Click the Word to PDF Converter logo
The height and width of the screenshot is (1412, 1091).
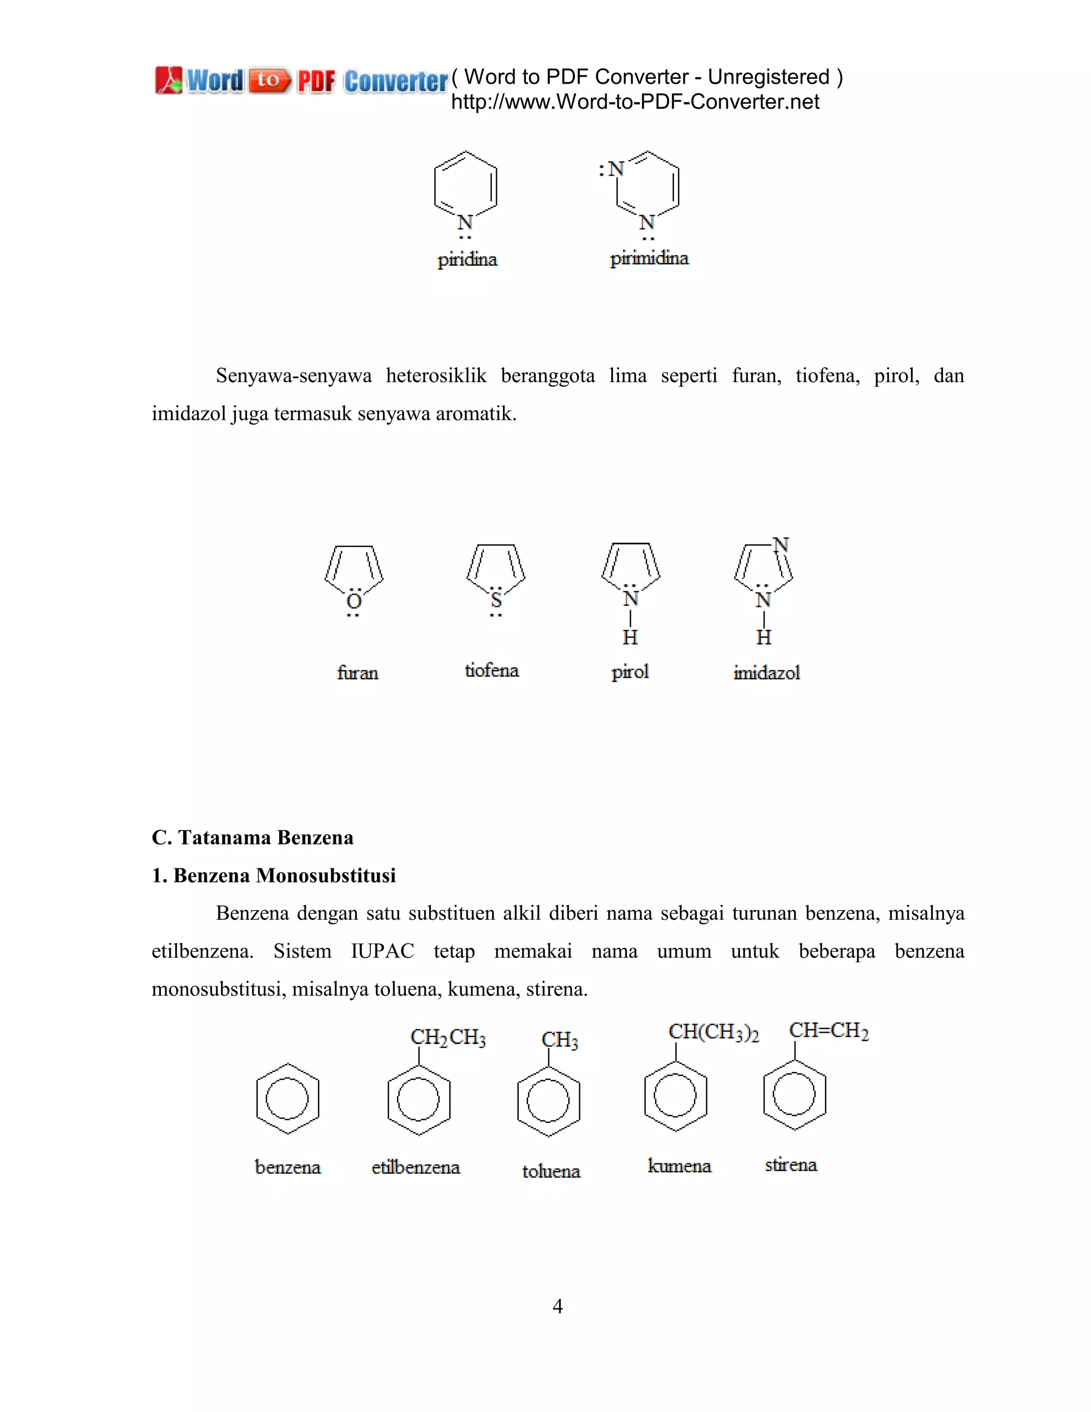pos(300,81)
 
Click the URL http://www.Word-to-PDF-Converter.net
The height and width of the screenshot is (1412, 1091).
pos(634,101)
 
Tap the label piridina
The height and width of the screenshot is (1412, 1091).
pos(467,260)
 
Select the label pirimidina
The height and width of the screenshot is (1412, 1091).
pos(649,258)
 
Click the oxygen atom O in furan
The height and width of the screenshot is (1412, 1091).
pos(354,601)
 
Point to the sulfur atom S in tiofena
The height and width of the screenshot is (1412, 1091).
pos(496,600)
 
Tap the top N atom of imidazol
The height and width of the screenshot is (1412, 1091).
pos(781,545)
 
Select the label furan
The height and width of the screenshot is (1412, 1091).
pos(357,672)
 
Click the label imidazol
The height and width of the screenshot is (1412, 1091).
pos(767,672)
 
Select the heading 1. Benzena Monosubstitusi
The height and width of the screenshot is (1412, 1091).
pos(273,875)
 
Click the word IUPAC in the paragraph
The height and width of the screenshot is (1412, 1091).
pos(382,951)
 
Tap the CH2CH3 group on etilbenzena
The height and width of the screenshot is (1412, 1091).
pos(448,1037)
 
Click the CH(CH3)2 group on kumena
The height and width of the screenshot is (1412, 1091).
pos(713,1032)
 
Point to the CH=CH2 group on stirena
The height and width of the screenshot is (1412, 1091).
pos(828,1030)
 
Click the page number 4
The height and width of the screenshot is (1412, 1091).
pos(557,1306)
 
